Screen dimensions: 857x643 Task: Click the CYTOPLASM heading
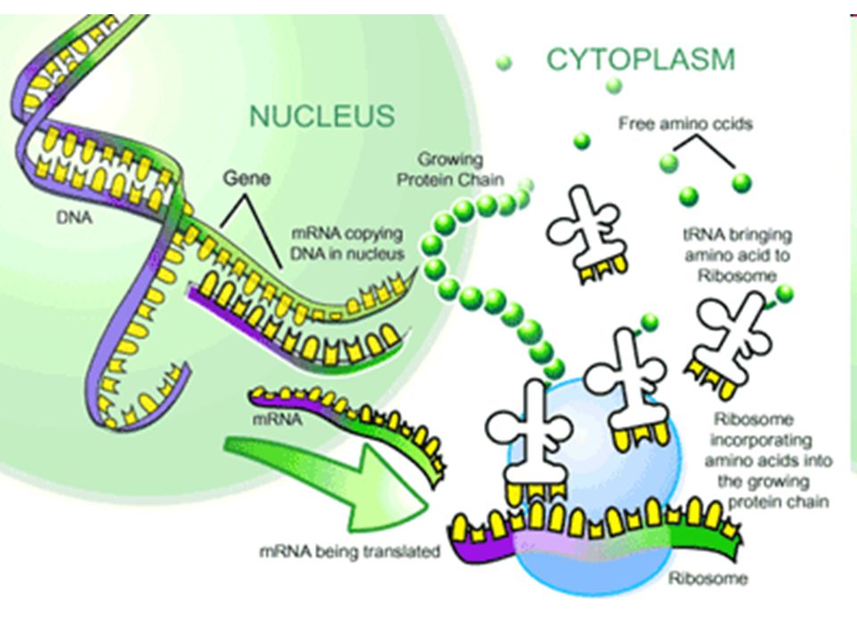pos(641,60)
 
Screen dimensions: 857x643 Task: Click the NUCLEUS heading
pos(322,116)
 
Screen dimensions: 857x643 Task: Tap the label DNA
pos(74,218)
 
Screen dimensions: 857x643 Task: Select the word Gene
pos(246,179)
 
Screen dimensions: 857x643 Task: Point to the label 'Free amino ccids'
pos(686,124)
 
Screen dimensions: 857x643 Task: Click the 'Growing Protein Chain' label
pos(450,169)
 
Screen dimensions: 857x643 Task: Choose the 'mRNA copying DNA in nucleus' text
pos(347,243)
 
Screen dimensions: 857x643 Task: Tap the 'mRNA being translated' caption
pos(350,551)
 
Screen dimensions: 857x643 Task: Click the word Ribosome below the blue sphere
pos(708,579)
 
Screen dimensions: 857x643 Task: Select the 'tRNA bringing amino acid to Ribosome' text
pos(737,255)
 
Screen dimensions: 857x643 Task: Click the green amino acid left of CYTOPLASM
pos(503,63)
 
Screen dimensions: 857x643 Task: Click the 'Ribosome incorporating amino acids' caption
pos(768,461)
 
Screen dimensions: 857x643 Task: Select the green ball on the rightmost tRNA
pos(785,294)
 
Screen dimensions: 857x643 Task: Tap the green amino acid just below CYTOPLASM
pos(614,86)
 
